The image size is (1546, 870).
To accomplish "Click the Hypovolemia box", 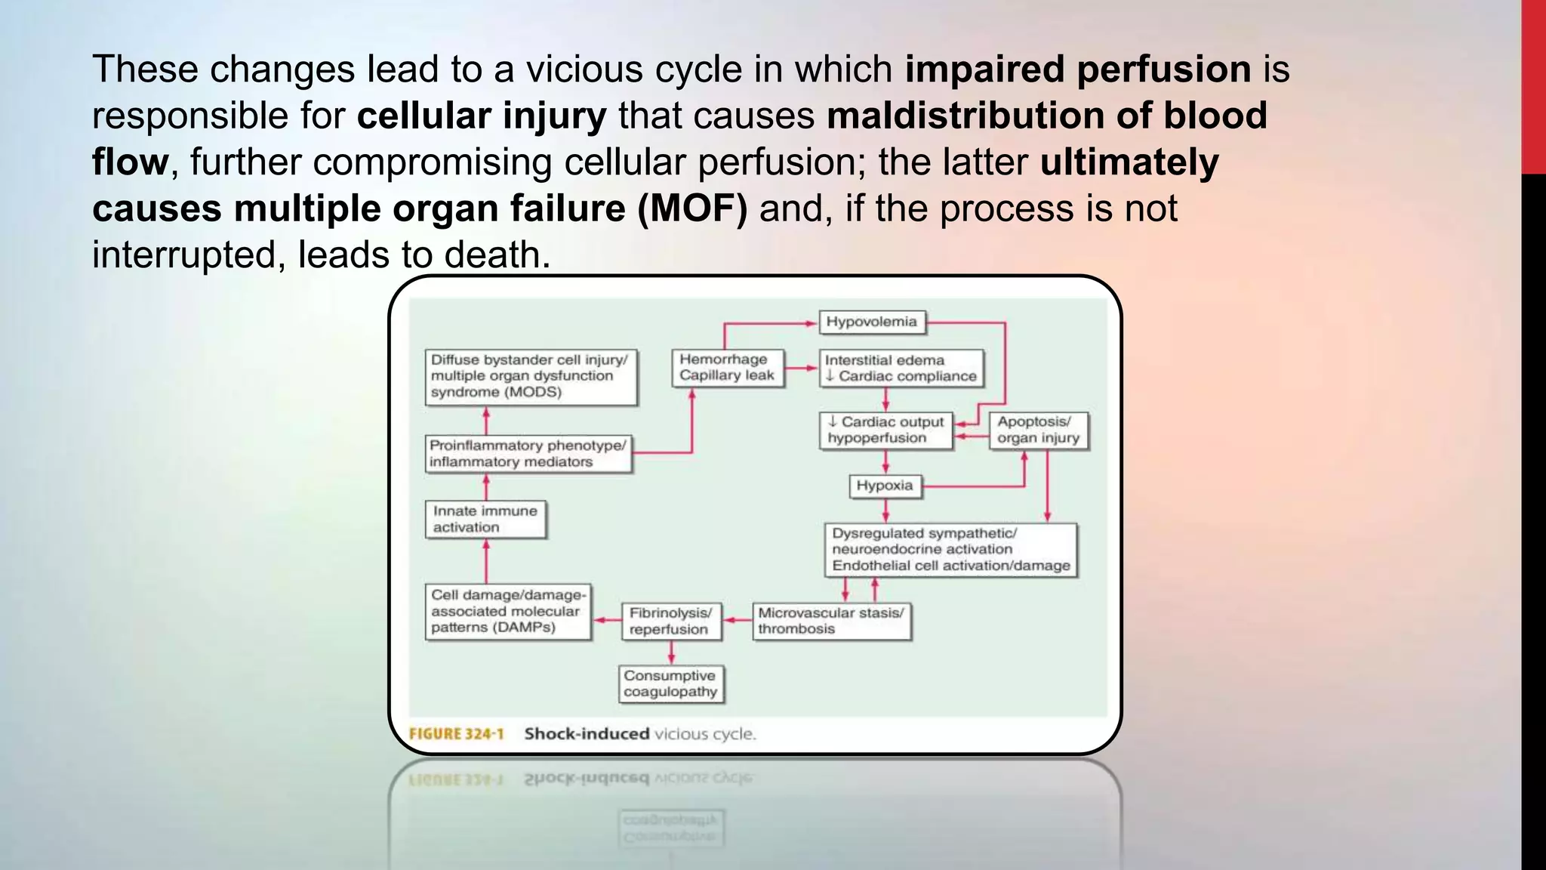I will click(871, 322).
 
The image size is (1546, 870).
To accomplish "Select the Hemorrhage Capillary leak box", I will click(727, 368).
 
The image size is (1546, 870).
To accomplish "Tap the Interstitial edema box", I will click(901, 369).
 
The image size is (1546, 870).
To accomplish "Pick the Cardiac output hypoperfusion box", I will click(885, 430).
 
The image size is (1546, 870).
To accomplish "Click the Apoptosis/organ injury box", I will click(1038, 430).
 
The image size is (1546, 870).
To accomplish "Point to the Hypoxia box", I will click(884, 486).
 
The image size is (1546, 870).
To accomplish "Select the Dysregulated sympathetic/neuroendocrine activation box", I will click(950, 550).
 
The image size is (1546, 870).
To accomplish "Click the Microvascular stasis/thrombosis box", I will click(831, 621).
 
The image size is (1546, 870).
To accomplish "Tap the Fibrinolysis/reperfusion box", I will click(670, 621).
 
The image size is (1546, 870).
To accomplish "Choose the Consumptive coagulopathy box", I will click(670, 683).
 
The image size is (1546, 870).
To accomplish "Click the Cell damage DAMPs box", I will click(507, 612).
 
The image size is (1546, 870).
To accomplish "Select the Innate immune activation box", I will click(485, 520).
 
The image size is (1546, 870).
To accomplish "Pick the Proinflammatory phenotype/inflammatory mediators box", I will click(528, 454).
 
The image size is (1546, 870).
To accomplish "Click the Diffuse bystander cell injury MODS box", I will click(530, 376).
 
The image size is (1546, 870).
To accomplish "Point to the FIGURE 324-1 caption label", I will click(456, 734).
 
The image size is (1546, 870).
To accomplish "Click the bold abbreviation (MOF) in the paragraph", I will click(692, 208).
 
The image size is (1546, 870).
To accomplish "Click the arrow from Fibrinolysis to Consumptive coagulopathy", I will click(671, 652).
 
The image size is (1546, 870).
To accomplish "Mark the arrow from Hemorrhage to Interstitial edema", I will click(802, 369).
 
